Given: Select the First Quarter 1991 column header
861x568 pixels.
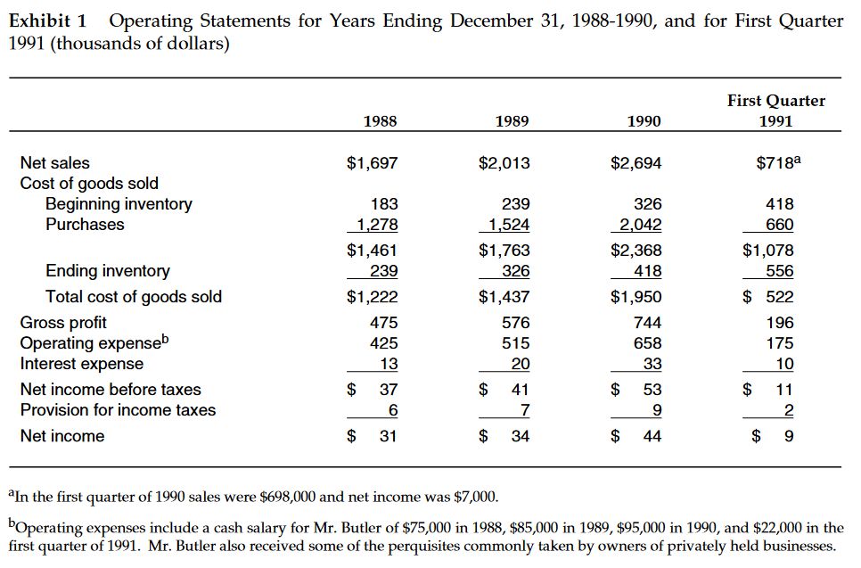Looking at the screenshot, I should click(x=775, y=111).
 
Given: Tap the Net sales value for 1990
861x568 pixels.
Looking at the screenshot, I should click(x=636, y=163).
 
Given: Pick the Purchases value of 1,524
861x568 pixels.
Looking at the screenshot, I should click(x=507, y=225).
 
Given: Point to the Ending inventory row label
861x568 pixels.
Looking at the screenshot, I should click(x=108, y=271).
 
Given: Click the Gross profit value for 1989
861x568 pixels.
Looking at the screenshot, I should click(x=516, y=323).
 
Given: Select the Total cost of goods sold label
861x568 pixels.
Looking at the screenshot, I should click(x=134, y=297).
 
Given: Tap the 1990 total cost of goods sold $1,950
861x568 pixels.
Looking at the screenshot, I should click(x=636, y=297).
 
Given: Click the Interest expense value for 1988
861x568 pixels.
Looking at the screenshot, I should click(x=389, y=364).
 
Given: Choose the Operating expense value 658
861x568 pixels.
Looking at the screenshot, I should click(x=647, y=343).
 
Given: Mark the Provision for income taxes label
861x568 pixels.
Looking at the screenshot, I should click(x=118, y=410).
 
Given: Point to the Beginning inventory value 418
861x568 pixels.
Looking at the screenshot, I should click(x=779, y=204).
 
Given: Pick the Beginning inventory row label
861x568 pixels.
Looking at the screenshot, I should click(x=119, y=204).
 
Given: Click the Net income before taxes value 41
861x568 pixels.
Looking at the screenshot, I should click(x=520, y=390).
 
